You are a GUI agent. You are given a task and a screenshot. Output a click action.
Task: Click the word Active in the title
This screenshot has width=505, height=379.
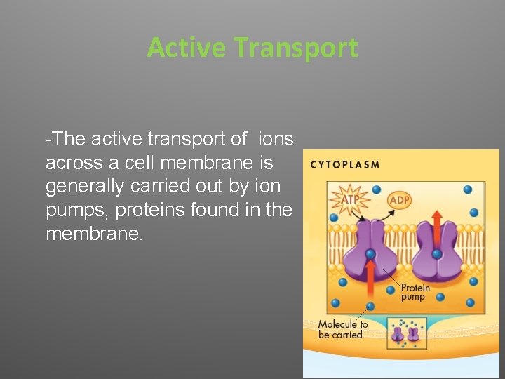click(187, 48)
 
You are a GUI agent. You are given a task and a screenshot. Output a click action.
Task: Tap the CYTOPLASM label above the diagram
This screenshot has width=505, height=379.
click(344, 166)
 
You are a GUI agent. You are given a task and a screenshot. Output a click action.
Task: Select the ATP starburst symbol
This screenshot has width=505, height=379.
click(349, 199)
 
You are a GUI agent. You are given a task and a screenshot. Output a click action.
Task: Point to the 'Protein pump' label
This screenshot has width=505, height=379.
click(415, 293)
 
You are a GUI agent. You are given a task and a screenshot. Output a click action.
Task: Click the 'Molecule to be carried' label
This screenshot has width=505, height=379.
click(343, 330)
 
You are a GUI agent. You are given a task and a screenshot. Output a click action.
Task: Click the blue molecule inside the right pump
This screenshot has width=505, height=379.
click(436, 253)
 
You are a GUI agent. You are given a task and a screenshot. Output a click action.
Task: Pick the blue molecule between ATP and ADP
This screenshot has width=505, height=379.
click(376, 189)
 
